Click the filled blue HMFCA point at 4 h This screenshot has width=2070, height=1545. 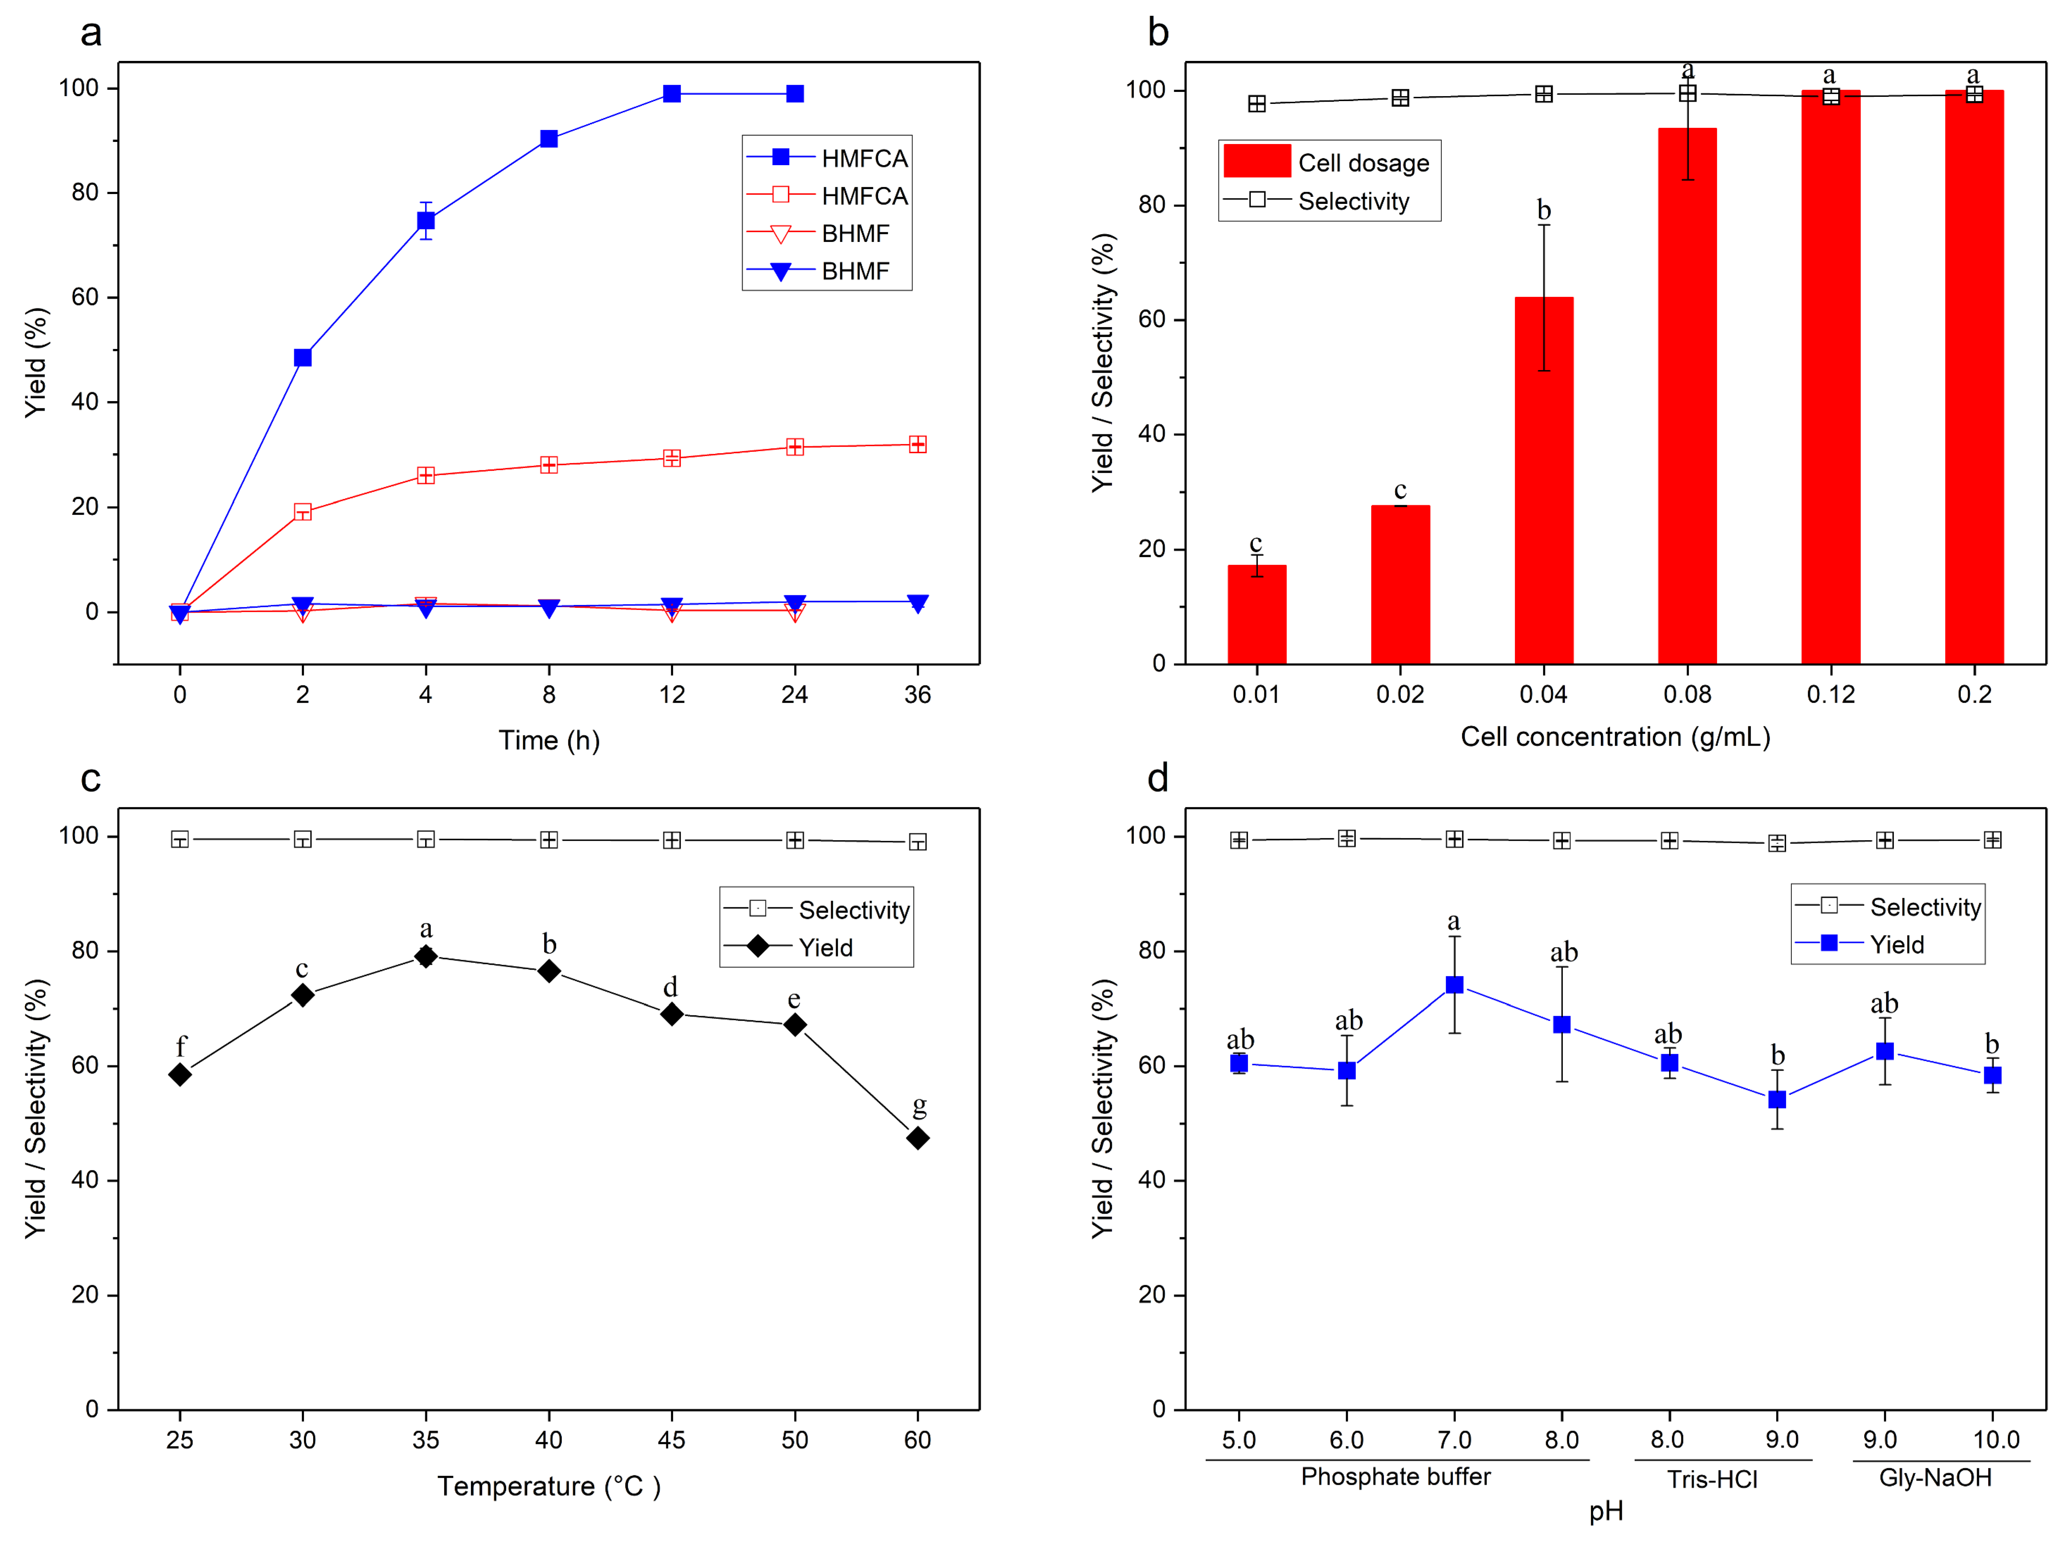click(426, 221)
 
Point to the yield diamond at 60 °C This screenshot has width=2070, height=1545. click(918, 1138)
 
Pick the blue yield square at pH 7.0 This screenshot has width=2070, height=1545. click(1454, 985)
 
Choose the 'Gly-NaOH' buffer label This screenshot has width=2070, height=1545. click(1934, 1478)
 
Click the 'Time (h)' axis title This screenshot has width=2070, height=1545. click(549, 741)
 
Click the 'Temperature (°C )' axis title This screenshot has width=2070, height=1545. click(549, 1486)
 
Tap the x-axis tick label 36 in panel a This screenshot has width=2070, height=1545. click(918, 694)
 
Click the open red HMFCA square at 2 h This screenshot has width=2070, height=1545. click(302, 512)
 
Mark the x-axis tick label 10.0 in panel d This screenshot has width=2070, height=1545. click(1995, 1439)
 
